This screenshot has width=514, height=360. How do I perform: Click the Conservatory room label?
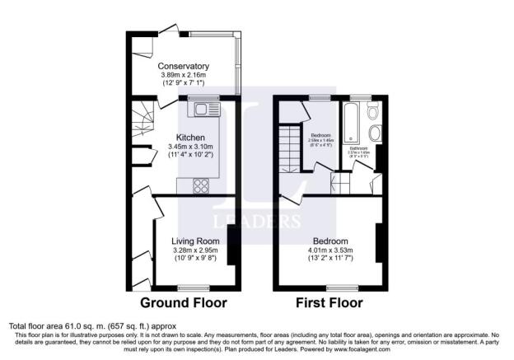[x=183, y=66]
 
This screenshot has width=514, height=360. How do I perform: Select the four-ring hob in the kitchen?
[x=201, y=184]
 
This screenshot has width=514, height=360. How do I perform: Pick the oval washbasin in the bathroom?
[x=375, y=133]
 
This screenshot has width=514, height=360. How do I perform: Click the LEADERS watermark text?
[x=257, y=221]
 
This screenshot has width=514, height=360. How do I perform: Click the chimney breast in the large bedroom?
[x=380, y=243]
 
